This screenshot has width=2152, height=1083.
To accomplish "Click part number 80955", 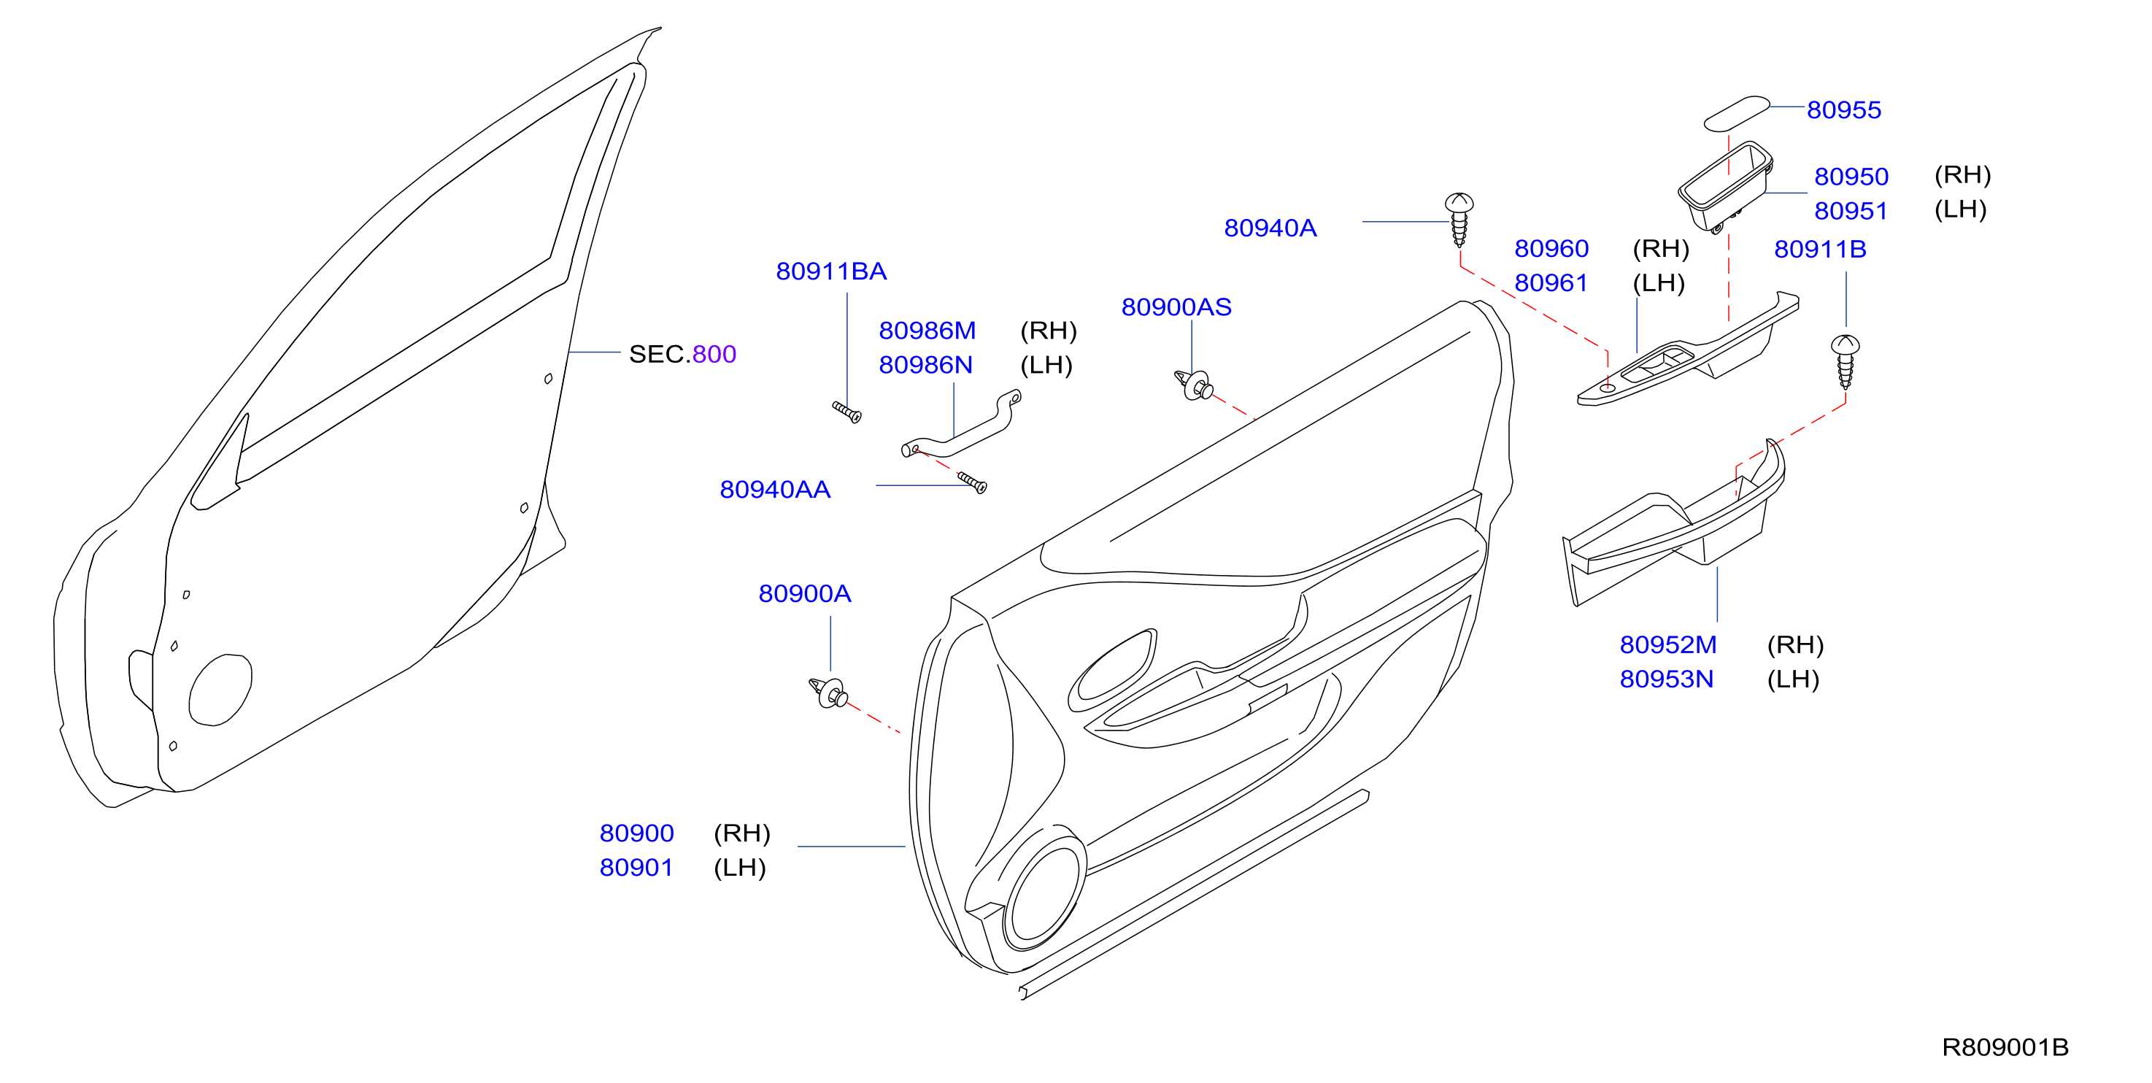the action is tap(1844, 109).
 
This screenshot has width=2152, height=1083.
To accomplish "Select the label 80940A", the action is tap(1270, 228).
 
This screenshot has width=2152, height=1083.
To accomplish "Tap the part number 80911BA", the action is tap(831, 271).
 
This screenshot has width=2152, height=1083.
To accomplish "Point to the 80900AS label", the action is tap(1176, 307).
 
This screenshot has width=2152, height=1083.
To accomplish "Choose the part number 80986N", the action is tap(925, 365).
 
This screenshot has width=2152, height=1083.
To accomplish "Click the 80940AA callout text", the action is tap(775, 490).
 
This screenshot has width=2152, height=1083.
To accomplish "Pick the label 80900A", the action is tap(804, 594).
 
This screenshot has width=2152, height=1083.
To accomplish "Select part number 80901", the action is tap(636, 868).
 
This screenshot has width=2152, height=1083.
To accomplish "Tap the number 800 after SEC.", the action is tap(714, 355).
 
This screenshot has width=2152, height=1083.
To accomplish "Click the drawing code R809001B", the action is tap(2005, 1048).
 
